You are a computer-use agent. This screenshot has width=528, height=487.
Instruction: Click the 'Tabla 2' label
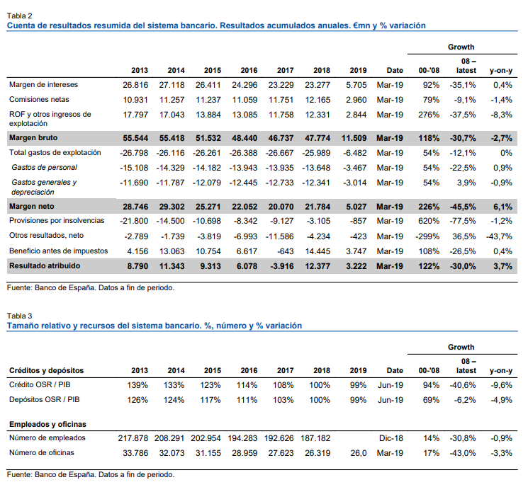click(19, 15)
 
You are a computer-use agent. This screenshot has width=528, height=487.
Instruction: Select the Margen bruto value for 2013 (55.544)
click(135, 138)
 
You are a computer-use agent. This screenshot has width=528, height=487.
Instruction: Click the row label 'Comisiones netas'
click(39, 99)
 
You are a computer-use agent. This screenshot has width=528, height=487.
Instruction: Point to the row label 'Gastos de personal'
click(44, 167)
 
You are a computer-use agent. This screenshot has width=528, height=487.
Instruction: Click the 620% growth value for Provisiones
click(429, 222)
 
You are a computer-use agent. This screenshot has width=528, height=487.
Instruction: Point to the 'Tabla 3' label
click(19, 316)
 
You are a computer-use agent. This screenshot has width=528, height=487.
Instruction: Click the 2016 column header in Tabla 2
click(249, 70)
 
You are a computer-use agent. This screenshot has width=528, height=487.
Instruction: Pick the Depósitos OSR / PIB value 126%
click(137, 400)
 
